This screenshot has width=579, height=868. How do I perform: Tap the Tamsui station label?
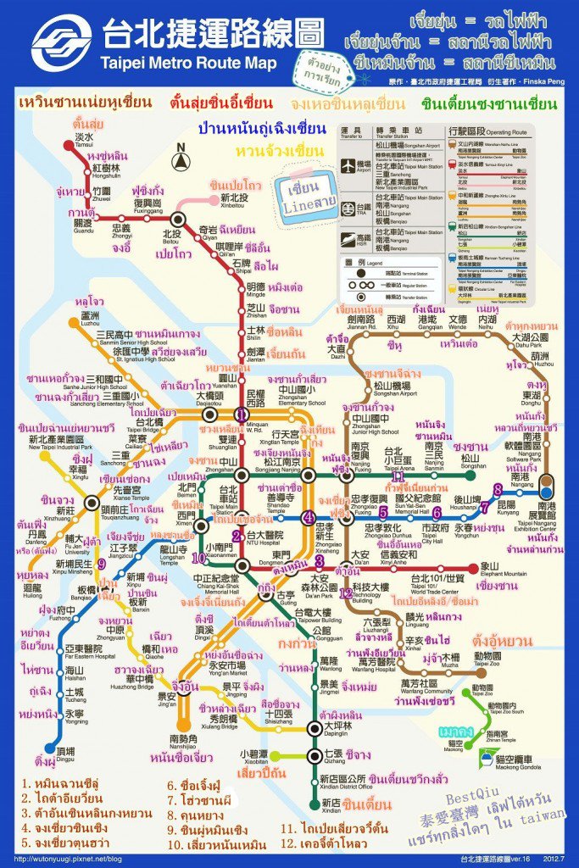click(x=84, y=140)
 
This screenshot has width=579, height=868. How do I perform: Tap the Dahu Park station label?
click(x=532, y=340)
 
